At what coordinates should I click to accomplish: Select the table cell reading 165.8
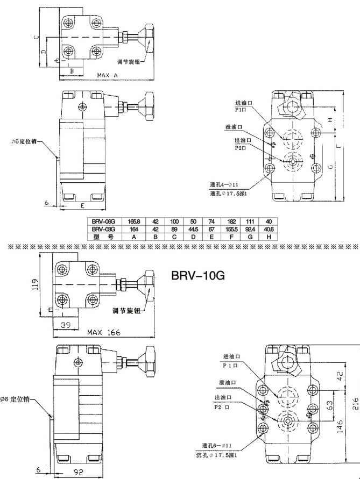pos(133,221)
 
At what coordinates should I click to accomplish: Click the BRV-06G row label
pos(103,221)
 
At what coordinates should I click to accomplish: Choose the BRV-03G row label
pos(103,229)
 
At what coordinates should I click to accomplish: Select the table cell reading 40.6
pos(268,229)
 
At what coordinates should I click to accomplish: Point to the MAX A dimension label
pos(107,76)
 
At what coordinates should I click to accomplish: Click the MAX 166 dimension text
pos(103,333)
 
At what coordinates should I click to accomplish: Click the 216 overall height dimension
pos(355,404)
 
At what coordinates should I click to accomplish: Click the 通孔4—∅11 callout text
pos(223,185)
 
